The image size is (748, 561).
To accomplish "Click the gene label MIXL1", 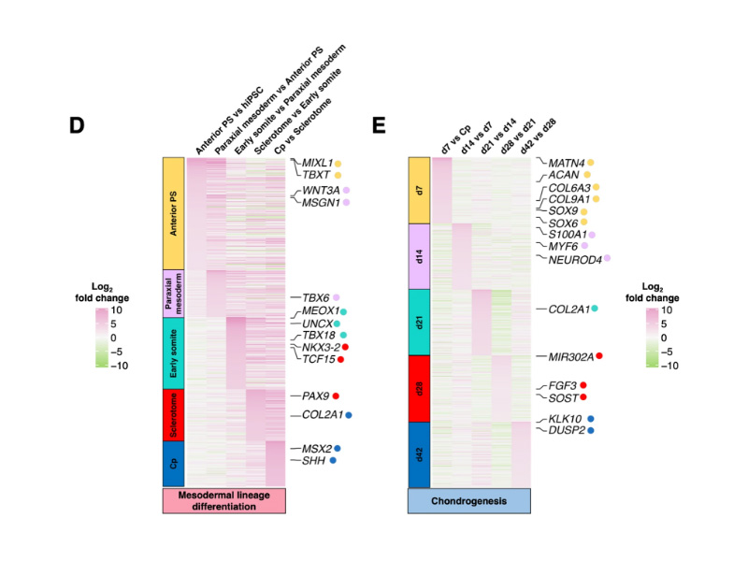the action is click(317, 163).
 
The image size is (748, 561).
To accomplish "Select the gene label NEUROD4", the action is click(575, 260).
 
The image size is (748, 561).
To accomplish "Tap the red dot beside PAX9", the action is click(336, 396).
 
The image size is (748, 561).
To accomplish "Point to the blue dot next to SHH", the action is click(333, 460).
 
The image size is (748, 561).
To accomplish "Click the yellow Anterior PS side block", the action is click(174, 214).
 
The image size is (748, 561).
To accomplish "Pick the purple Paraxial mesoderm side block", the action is click(174, 294).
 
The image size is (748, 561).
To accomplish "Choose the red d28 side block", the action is click(419, 389).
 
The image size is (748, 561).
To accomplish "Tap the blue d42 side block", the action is click(419, 454).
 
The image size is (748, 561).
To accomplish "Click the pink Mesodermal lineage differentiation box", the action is click(224, 501).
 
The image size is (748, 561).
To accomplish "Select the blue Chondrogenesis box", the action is click(469, 501).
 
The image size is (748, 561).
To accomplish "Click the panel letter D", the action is click(77, 125).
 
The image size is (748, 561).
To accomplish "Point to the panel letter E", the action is click(379, 125).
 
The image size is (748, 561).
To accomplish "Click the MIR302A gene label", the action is click(571, 357).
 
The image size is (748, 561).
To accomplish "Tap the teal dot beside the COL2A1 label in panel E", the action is click(595, 309).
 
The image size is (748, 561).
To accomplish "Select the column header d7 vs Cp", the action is click(455, 139).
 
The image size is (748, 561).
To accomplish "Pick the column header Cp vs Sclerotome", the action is click(303, 126).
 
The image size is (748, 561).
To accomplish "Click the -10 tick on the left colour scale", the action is click(120, 366).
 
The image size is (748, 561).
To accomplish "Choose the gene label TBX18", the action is click(319, 336).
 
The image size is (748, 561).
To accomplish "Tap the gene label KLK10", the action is click(565, 419).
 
